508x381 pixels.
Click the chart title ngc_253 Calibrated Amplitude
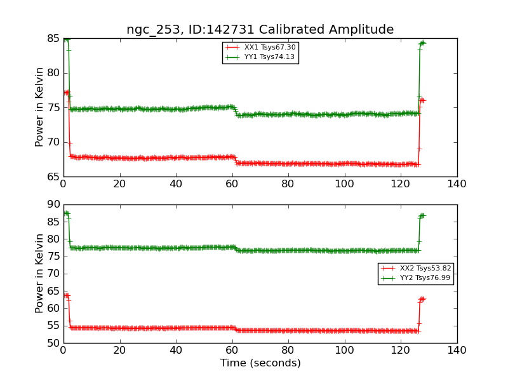click(260, 30)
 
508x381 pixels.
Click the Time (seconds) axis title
click(260, 363)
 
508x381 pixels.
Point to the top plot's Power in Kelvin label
click(40, 107)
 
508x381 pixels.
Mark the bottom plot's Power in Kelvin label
click(40, 273)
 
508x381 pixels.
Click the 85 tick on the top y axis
click(52, 39)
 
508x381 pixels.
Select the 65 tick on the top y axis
click(52, 177)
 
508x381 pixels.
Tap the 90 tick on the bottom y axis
click(52, 205)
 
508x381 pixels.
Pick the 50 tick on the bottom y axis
click(52, 343)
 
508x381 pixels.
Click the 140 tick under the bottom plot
click(457, 350)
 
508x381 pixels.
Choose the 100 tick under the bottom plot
click(344, 350)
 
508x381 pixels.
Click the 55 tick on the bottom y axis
click(52, 326)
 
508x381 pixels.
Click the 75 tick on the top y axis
click(52, 107)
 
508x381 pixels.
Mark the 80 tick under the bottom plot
click(288, 350)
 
